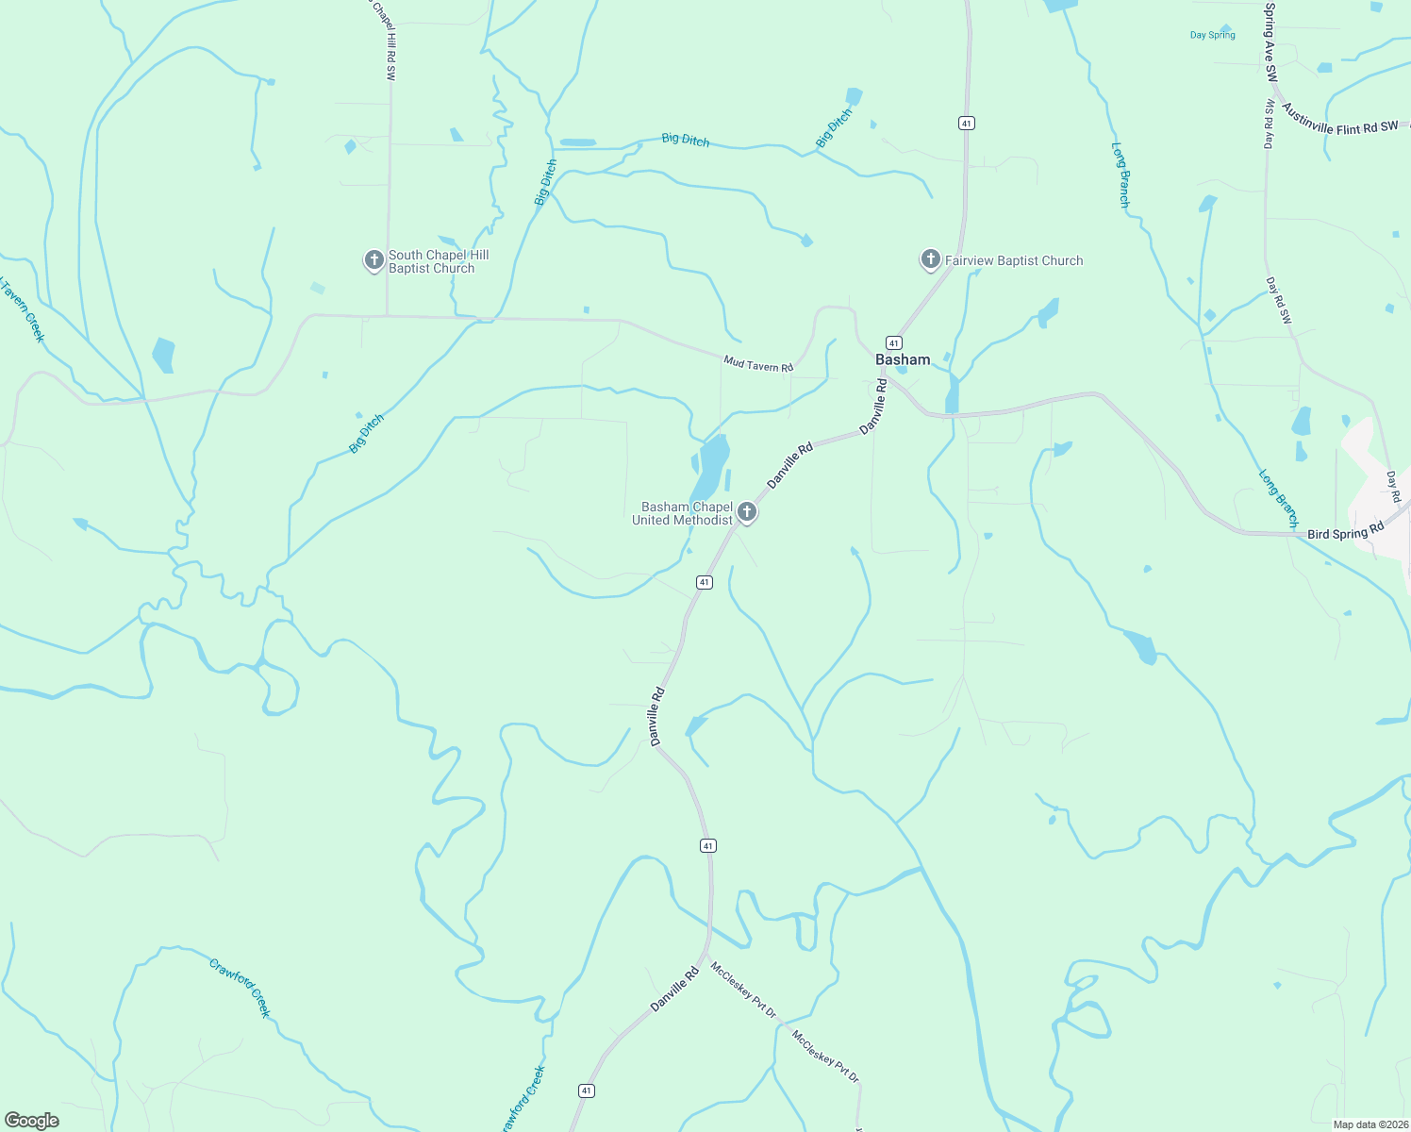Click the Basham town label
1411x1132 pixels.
(x=903, y=359)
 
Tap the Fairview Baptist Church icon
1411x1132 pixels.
(x=930, y=259)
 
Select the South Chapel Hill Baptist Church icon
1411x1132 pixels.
(x=374, y=259)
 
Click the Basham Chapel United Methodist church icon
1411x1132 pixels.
(x=747, y=512)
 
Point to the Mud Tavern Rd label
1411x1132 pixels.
(x=758, y=363)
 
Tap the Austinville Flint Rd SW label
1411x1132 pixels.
(x=1340, y=120)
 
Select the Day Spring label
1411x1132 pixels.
(x=1212, y=35)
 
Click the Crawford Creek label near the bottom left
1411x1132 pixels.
(x=240, y=988)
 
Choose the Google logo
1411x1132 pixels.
(x=32, y=1121)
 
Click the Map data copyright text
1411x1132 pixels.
(x=1370, y=1124)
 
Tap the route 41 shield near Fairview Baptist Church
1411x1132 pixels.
(x=966, y=124)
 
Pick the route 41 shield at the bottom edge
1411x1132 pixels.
(x=587, y=1090)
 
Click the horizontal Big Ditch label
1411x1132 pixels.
(x=685, y=140)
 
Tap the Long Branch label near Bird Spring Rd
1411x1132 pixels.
(x=1279, y=498)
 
